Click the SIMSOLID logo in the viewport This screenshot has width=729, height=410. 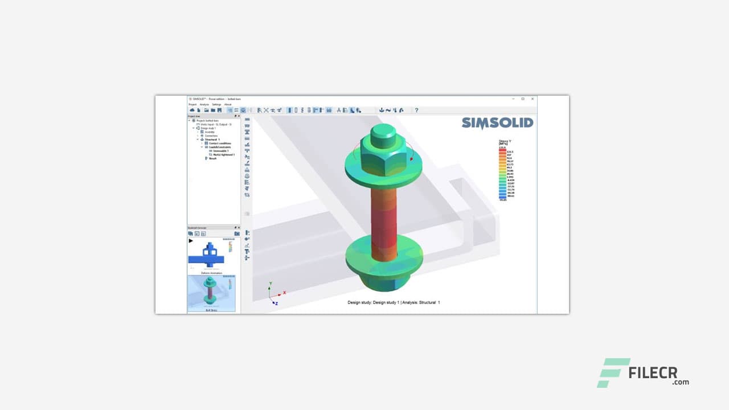[x=497, y=123]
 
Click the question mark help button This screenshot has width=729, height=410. [x=416, y=110]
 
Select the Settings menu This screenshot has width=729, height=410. [x=216, y=104]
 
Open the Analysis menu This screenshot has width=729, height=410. [x=204, y=104]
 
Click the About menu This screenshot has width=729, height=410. [x=228, y=104]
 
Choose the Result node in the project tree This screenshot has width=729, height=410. [x=212, y=158]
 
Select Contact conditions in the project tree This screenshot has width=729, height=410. [x=219, y=143]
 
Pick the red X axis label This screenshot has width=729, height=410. [x=284, y=292]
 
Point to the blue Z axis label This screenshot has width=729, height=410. [x=276, y=303]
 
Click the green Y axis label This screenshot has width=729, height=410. [x=270, y=282]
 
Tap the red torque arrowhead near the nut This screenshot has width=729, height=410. [x=411, y=159]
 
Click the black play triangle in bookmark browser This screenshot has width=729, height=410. [x=191, y=241]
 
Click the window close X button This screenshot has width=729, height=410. [x=533, y=99]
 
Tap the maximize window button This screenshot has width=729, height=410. [x=523, y=99]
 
